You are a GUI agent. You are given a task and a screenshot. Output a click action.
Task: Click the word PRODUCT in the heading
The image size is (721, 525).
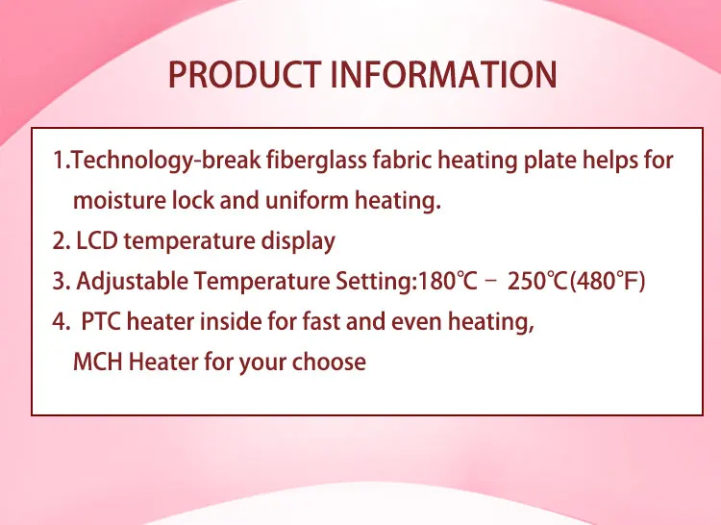244,74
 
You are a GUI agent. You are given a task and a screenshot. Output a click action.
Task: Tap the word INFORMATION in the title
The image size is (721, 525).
444,74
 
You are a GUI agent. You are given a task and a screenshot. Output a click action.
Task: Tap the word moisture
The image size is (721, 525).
120,200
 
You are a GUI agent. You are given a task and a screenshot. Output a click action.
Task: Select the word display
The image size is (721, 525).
298,241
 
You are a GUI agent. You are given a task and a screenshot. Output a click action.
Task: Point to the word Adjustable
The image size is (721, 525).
133,282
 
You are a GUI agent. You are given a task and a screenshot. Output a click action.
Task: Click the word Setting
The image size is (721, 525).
374,282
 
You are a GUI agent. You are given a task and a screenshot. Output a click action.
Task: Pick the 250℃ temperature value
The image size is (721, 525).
537,281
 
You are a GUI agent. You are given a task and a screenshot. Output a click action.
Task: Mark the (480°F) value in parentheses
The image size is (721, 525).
608,282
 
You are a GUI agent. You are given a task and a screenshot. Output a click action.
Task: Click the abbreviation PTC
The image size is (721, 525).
101,321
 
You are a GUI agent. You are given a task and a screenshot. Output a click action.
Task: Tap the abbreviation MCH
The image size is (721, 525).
97,362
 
